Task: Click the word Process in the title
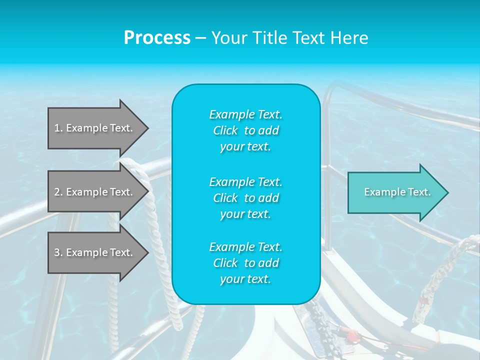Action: point(157,38)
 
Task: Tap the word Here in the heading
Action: point(350,38)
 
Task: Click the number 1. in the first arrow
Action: point(58,128)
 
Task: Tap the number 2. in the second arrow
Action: point(58,192)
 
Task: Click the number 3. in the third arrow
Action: point(58,252)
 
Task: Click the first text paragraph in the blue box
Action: point(245,130)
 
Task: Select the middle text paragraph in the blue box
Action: point(245,197)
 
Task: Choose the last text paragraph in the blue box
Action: point(245,263)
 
